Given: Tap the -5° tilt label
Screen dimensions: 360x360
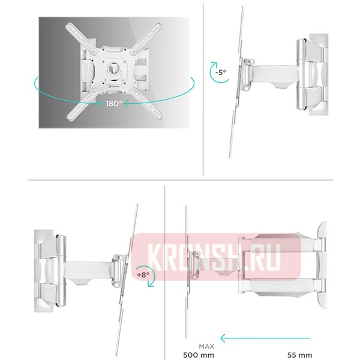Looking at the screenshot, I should coord(221,73).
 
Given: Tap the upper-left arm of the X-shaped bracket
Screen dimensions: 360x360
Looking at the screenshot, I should coord(76,32).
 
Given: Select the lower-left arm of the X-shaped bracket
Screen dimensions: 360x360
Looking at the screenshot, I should coord(76,110).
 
